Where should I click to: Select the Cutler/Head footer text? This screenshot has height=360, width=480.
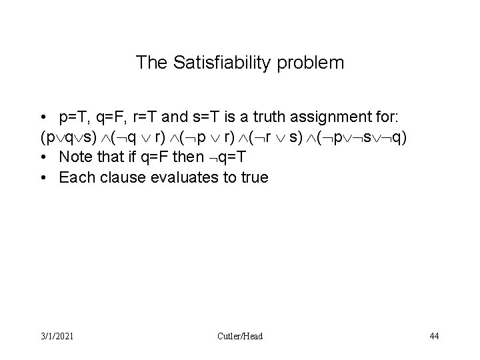click(x=240, y=336)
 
